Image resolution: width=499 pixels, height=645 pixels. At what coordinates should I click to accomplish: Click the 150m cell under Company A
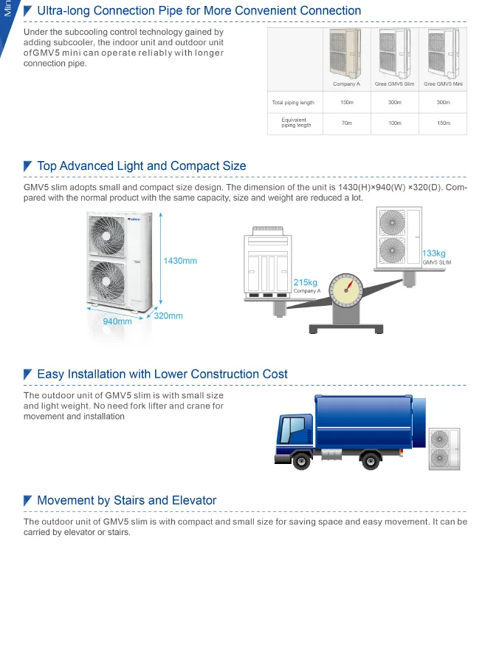click(346, 103)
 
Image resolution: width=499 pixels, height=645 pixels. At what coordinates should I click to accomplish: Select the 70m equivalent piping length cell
click(346, 123)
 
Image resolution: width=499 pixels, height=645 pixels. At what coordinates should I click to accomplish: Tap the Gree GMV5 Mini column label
click(443, 84)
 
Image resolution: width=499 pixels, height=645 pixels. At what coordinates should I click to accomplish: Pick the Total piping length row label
click(293, 103)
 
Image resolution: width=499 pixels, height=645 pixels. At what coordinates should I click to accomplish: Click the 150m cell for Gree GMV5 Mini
click(444, 123)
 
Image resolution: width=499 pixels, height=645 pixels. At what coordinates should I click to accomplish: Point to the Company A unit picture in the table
click(345, 53)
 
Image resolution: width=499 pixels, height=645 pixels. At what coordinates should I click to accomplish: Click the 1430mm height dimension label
click(180, 261)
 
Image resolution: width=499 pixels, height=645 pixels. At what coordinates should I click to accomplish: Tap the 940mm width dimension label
click(117, 321)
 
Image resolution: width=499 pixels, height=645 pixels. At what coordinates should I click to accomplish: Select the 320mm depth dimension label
click(168, 316)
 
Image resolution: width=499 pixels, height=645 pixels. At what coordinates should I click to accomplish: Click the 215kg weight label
click(305, 282)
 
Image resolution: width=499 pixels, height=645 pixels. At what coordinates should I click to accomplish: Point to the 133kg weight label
click(433, 253)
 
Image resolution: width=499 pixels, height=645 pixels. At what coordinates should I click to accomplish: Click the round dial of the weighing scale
click(346, 290)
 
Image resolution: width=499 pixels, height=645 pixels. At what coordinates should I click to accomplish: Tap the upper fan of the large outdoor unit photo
click(107, 236)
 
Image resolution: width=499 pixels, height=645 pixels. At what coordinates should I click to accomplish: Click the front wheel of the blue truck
click(301, 461)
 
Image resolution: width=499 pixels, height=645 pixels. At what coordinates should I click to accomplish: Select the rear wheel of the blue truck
click(371, 461)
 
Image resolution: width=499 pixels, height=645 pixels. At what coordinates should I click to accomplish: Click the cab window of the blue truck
click(292, 430)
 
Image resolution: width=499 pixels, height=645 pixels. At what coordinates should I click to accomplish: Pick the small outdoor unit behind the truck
click(444, 448)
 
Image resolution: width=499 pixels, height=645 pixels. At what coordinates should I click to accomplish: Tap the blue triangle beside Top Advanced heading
click(27, 166)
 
